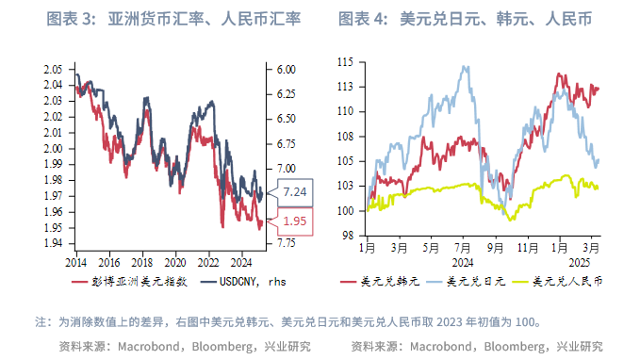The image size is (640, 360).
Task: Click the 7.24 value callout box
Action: (294, 191)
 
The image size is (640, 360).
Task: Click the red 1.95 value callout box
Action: (294, 221)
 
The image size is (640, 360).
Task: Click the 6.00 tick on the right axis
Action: (287, 70)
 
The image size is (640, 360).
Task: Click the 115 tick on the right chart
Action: (344, 62)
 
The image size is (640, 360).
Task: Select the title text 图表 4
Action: (360, 18)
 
